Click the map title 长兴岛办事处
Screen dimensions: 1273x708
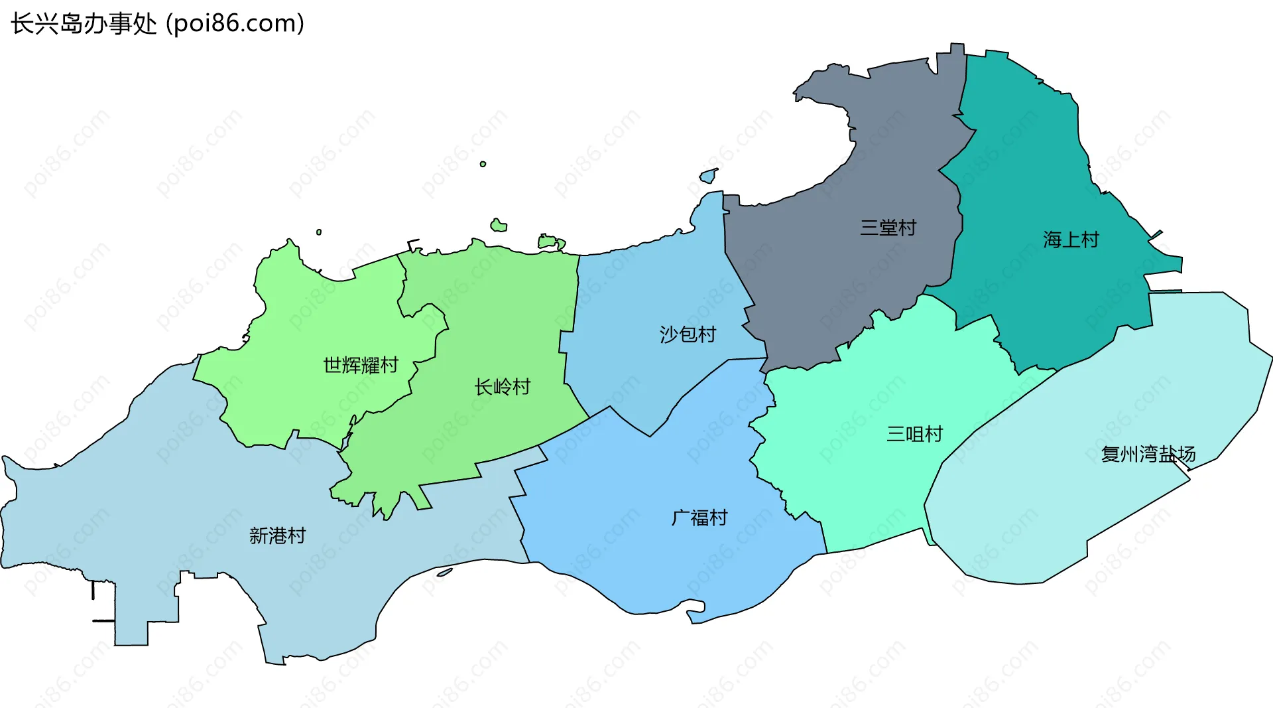tap(84, 24)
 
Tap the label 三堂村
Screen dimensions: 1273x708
tap(888, 228)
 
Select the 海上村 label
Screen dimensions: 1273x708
tap(1071, 240)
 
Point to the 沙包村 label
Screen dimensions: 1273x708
tap(688, 334)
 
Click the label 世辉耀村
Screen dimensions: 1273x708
tap(361, 365)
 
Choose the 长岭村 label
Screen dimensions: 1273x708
tap(503, 387)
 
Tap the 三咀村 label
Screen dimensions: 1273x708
tap(914, 434)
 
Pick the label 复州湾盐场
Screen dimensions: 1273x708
tap(1148, 455)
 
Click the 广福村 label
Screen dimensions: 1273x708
tap(699, 518)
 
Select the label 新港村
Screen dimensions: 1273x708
tap(277, 535)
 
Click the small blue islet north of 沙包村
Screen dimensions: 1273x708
tap(709, 176)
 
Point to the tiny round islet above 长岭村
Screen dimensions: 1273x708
tap(483, 164)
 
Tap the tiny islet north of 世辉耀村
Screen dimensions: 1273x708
tap(319, 232)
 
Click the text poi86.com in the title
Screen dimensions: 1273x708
tap(235, 24)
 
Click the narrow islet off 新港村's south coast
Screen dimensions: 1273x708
tap(444, 572)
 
